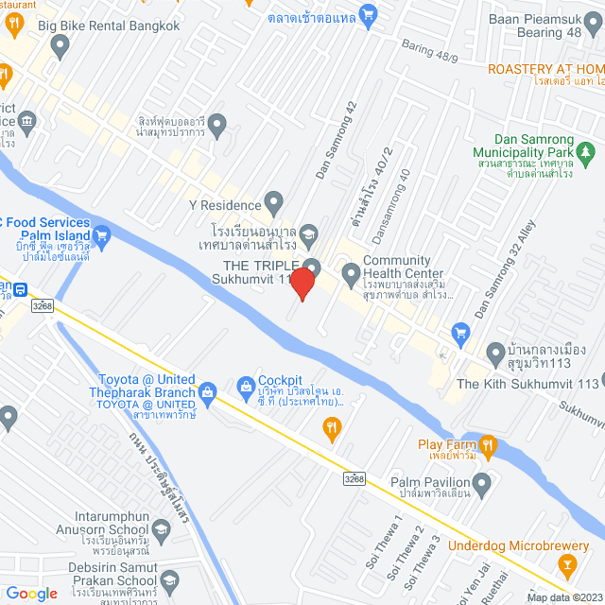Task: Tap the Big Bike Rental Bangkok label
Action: [109, 26]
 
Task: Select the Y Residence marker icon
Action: [274, 202]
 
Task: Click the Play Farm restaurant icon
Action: [487, 443]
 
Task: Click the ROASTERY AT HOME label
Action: [545, 69]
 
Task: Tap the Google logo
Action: [31, 593]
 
